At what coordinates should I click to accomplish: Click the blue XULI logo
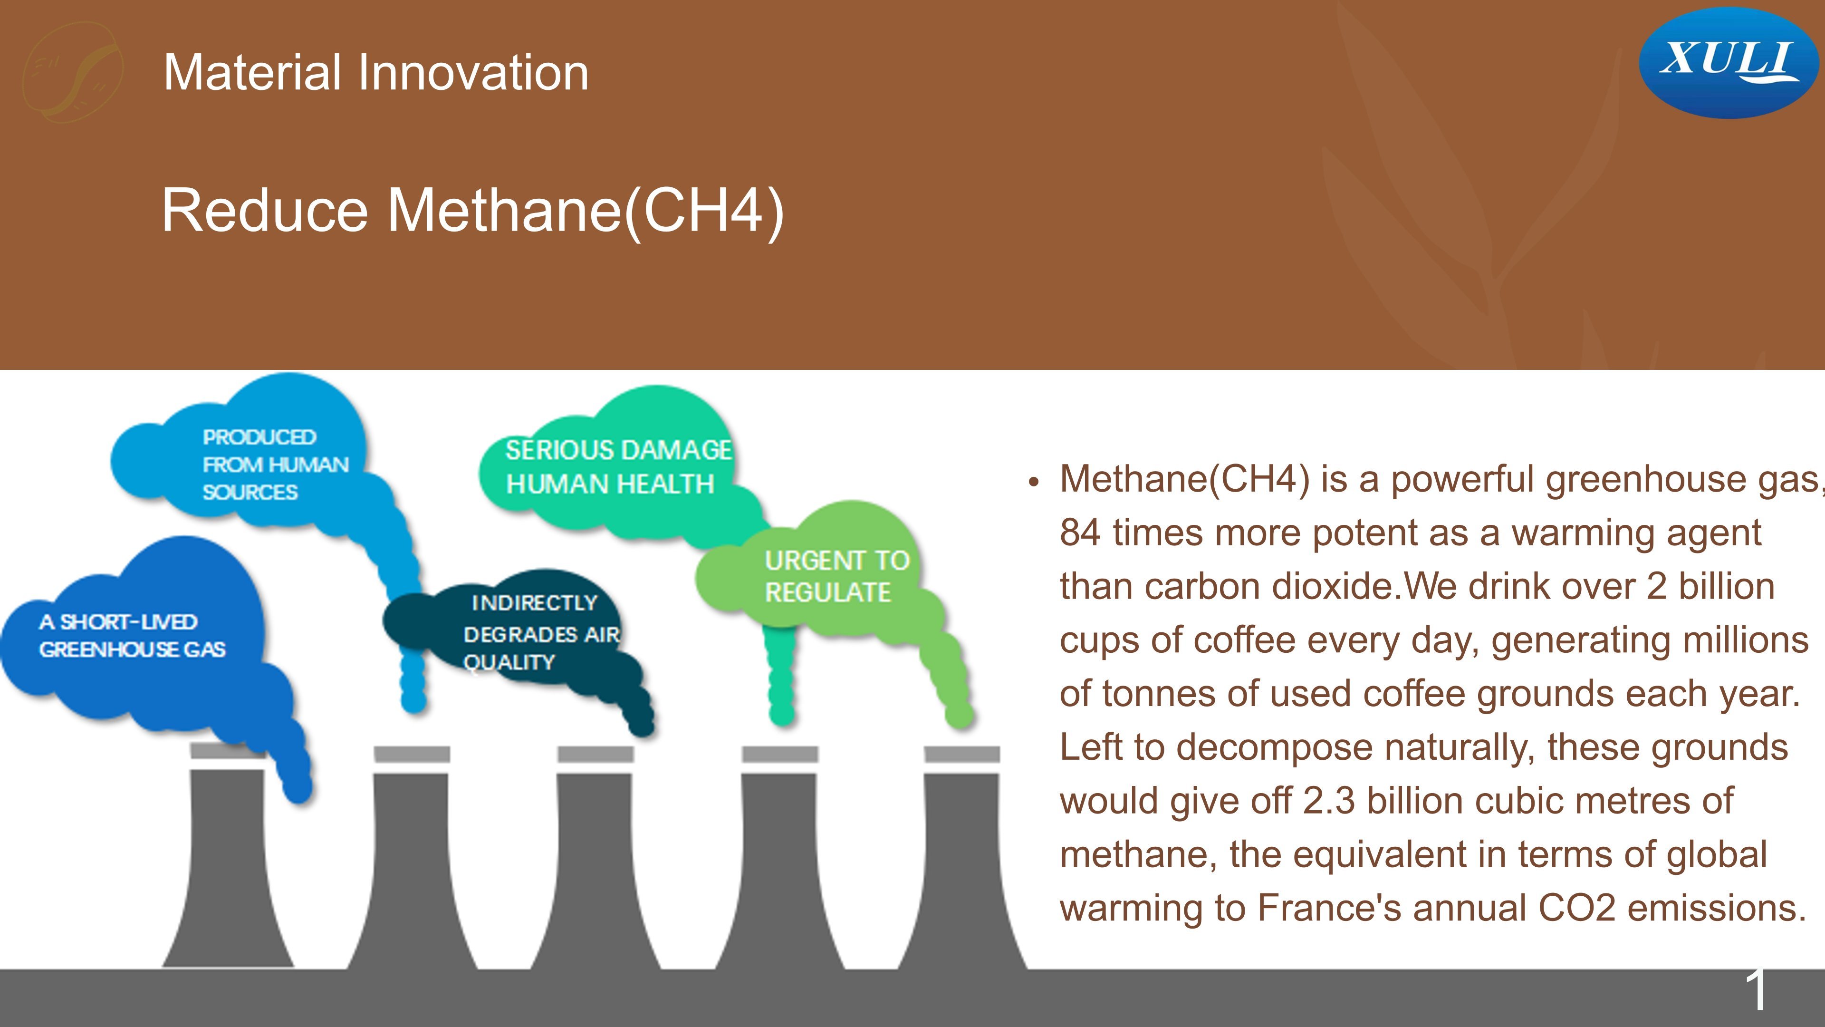[1728, 62]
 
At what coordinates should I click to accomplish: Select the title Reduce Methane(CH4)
[472, 211]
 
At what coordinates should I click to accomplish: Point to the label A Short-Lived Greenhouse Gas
[132, 636]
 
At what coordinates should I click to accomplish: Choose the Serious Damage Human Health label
[618, 467]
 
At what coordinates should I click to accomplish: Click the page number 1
[1756, 989]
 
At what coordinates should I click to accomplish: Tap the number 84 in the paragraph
[1080, 533]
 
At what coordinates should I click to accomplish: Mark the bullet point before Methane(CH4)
[1034, 483]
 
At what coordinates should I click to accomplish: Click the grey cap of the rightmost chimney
[962, 754]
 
